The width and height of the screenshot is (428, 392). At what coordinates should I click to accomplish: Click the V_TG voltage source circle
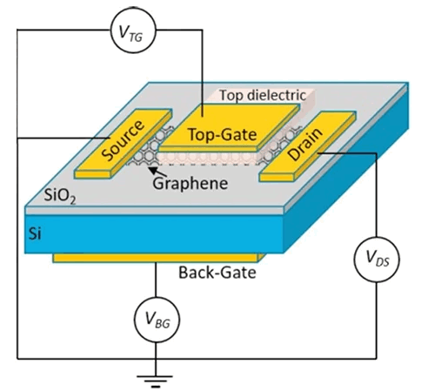point(133,30)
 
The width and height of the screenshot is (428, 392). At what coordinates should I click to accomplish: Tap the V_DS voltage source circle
point(377,260)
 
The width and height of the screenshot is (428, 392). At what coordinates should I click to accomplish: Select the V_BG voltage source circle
point(157,320)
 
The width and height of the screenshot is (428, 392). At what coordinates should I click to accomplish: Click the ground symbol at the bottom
point(156,382)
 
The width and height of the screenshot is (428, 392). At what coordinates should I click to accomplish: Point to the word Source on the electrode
point(123,140)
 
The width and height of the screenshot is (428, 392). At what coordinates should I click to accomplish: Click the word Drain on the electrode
point(305,144)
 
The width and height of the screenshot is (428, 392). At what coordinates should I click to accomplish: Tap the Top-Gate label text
point(223,134)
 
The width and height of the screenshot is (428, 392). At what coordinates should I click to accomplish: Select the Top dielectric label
point(263,95)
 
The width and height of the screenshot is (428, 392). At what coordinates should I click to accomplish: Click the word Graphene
point(191,184)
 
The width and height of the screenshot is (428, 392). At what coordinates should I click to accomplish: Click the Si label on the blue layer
point(35,233)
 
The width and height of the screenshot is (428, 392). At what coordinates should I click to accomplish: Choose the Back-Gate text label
point(217,273)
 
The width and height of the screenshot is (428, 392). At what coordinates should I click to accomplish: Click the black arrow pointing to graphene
point(157,172)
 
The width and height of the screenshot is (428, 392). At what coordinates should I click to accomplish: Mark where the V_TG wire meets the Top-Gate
point(202,117)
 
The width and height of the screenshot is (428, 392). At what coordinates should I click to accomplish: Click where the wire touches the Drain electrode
point(318,153)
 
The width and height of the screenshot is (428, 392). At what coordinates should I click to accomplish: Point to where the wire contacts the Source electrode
point(110,138)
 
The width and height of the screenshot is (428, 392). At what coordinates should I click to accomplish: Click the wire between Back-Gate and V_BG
point(156,280)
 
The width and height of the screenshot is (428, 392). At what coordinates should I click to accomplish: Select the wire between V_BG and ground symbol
point(156,359)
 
